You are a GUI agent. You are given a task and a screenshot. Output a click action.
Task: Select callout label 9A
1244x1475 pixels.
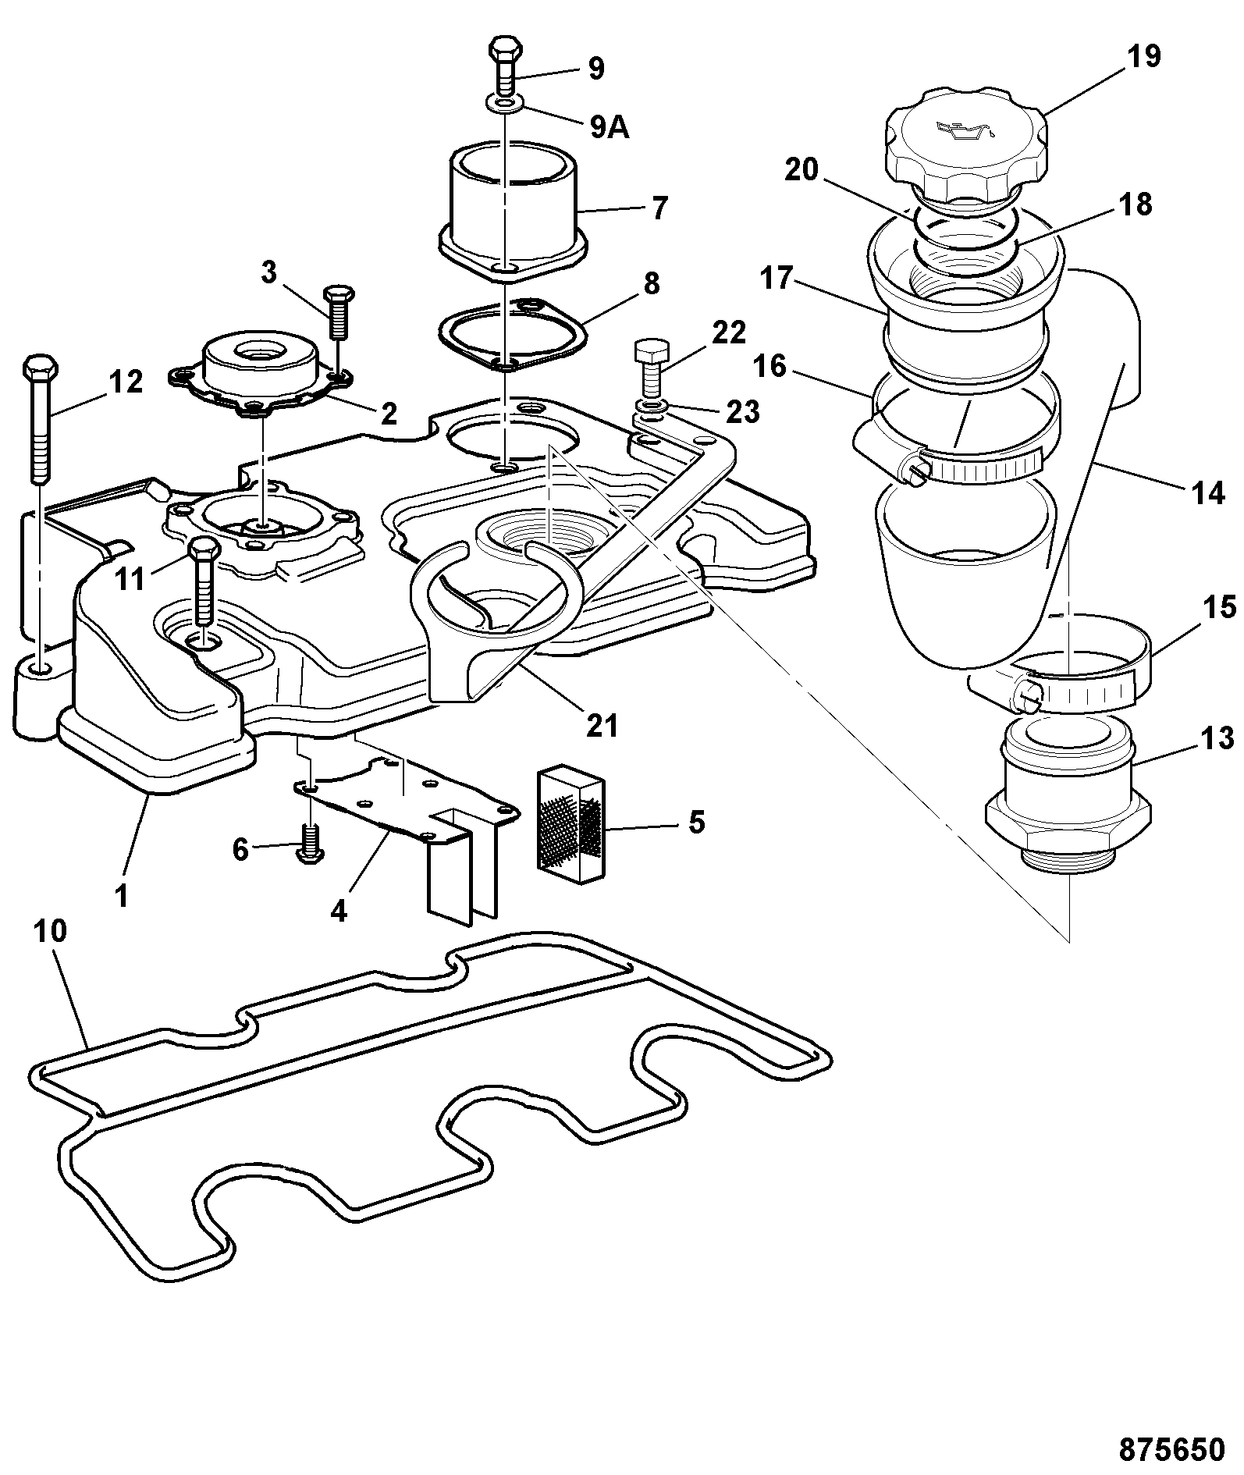coord(609,126)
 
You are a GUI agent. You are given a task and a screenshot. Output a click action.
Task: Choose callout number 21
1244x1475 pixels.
coord(602,725)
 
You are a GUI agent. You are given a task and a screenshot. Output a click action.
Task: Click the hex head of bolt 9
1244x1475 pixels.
coord(505,48)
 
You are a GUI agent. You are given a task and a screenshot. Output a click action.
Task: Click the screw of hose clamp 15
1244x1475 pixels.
coord(1025,694)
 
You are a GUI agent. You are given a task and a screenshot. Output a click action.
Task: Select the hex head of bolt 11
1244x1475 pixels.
coord(203,549)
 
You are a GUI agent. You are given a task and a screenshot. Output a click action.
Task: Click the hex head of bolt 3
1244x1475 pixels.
coord(339,296)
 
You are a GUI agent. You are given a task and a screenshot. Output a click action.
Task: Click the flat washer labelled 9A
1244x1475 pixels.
coord(506,102)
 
